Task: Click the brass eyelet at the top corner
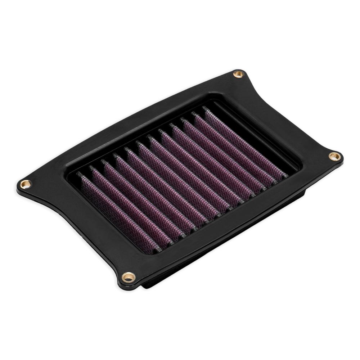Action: pyautogui.click(x=238, y=74)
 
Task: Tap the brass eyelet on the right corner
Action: pyautogui.click(x=334, y=156)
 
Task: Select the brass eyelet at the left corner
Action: pyautogui.click(x=26, y=184)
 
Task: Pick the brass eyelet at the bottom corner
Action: pyautogui.click(x=128, y=277)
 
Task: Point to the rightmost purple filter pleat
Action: pyautogui.click(x=245, y=142)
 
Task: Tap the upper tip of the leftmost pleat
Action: pyautogui.click(x=79, y=174)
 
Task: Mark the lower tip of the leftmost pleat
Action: pyautogui.click(x=158, y=249)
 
